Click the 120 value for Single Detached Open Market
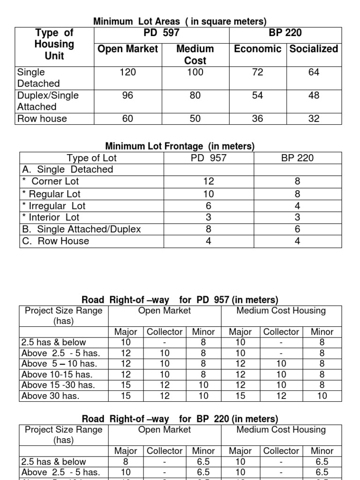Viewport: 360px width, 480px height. tap(127, 72)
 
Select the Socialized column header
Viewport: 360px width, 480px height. tap(314, 49)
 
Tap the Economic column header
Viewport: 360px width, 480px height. tap(257, 49)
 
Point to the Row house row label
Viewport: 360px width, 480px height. tap(42, 119)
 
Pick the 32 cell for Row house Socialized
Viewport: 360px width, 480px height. tap(314, 119)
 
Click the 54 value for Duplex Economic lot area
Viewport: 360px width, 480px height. tap(257, 95)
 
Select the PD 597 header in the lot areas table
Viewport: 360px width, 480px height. tap(161, 33)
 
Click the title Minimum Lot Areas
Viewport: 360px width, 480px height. tap(180, 22)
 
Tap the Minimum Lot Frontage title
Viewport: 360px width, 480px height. tap(180, 146)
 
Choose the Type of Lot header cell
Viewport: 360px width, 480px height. tap(92, 158)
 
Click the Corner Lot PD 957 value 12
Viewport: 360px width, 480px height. tap(209, 181)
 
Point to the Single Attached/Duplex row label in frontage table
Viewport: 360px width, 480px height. tap(82, 229)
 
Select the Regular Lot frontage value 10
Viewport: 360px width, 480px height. tap(209, 194)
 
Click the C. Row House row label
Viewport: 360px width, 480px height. tap(56, 241)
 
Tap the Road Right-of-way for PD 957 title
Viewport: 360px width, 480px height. tap(180, 300)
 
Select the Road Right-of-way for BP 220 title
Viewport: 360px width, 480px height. tap(180, 419)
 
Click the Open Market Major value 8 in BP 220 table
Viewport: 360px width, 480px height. tap(126, 462)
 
